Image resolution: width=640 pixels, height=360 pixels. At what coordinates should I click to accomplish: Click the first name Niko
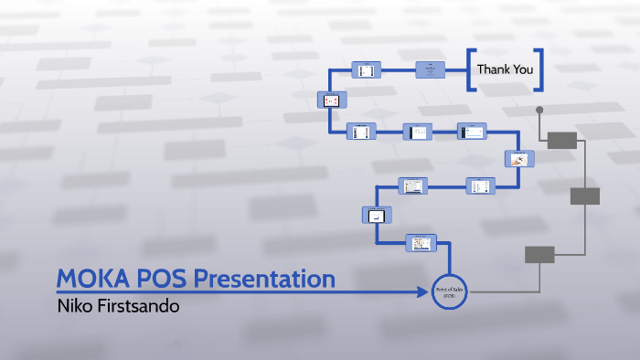74,305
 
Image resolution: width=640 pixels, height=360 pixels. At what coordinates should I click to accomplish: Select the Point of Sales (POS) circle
449,292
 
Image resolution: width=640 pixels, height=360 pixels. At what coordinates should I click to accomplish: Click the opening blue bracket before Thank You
470,69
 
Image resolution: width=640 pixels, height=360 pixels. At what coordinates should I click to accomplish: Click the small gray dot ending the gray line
539,110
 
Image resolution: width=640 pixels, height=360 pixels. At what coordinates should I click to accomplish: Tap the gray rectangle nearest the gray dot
561,140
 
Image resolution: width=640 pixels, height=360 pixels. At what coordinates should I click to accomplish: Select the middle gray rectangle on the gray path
584,196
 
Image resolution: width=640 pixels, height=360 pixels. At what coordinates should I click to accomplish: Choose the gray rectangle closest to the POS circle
539,255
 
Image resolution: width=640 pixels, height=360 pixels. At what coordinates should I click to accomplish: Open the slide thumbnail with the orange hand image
519,159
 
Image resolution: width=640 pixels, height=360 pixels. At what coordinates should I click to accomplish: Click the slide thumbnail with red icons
331,100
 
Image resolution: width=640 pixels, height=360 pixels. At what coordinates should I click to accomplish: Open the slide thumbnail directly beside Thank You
431,69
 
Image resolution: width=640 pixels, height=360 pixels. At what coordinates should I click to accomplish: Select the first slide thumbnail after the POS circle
421,243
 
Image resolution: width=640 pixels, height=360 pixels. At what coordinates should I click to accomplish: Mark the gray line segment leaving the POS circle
512,292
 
